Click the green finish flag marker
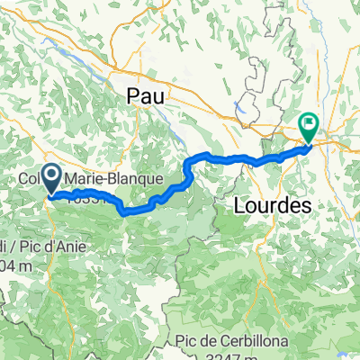coord(308,129)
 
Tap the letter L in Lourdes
coord(240,205)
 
